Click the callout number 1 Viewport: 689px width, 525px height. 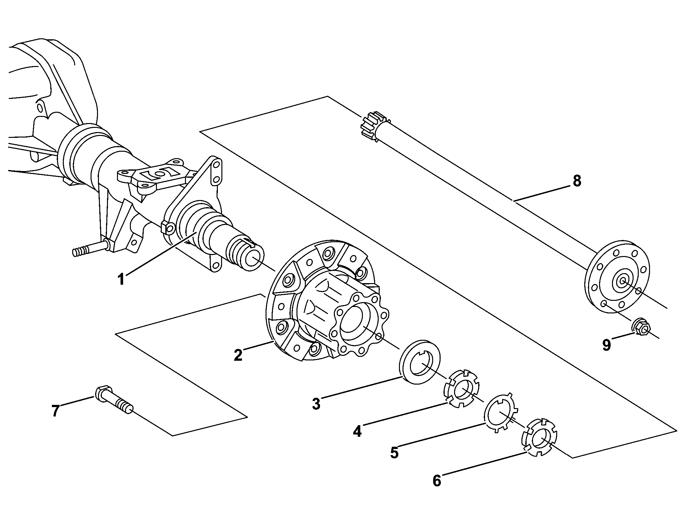[121, 279]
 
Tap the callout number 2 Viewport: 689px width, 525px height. [238, 355]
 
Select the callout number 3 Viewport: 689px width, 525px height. [316, 404]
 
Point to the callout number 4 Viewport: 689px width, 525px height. [357, 431]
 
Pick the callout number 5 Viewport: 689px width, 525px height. [394, 453]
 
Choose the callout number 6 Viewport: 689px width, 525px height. [437, 481]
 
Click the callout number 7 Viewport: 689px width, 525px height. [55, 411]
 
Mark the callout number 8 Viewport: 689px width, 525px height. [577, 181]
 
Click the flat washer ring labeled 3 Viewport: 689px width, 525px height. [419, 361]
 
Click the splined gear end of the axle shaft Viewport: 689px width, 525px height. [375, 126]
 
